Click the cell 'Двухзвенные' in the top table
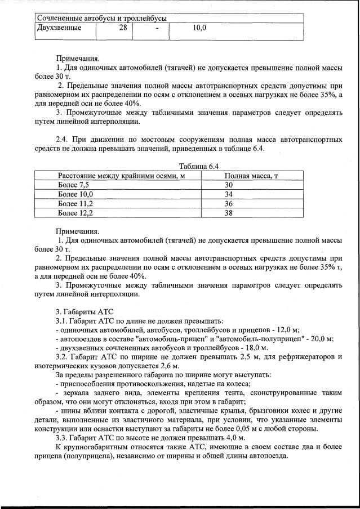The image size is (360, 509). pyautogui.click(x=59, y=27)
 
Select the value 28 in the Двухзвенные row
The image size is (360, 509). pyautogui.click(x=123, y=27)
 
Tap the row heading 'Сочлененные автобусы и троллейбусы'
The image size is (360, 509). pyautogui.click(x=102, y=18)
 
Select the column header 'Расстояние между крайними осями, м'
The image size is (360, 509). pyautogui.click(x=122, y=176)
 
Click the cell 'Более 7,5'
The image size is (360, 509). pyautogui.click(x=74, y=185)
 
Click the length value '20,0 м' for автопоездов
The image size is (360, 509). pyautogui.click(x=320, y=338)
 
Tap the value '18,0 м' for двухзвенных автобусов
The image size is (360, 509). pyautogui.click(x=242, y=347)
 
